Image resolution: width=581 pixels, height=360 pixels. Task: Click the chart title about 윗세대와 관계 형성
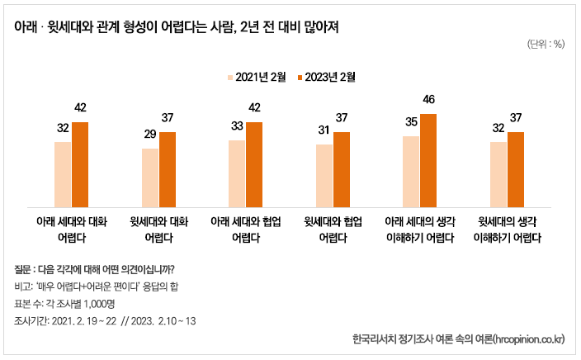point(177,26)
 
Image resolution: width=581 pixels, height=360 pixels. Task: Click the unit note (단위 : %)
point(545,45)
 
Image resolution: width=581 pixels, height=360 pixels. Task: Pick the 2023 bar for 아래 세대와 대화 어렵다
point(80,164)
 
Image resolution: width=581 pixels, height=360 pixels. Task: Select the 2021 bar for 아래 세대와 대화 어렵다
point(63,174)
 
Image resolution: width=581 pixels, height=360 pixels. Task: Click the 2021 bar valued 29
point(150,178)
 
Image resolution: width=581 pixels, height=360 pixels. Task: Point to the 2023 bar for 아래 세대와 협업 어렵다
point(254,164)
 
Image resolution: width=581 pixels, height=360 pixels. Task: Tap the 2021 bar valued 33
point(237,173)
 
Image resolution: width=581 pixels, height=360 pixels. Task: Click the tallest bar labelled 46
point(428,160)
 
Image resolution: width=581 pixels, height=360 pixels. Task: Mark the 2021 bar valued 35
point(411,171)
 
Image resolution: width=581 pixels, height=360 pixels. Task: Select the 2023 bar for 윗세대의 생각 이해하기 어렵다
point(516,169)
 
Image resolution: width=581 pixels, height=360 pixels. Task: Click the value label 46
point(428,100)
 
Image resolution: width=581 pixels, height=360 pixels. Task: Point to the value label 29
point(150,135)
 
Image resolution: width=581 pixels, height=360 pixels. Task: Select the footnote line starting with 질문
point(94,269)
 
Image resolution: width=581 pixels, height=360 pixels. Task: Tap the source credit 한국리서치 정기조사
point(457,339)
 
